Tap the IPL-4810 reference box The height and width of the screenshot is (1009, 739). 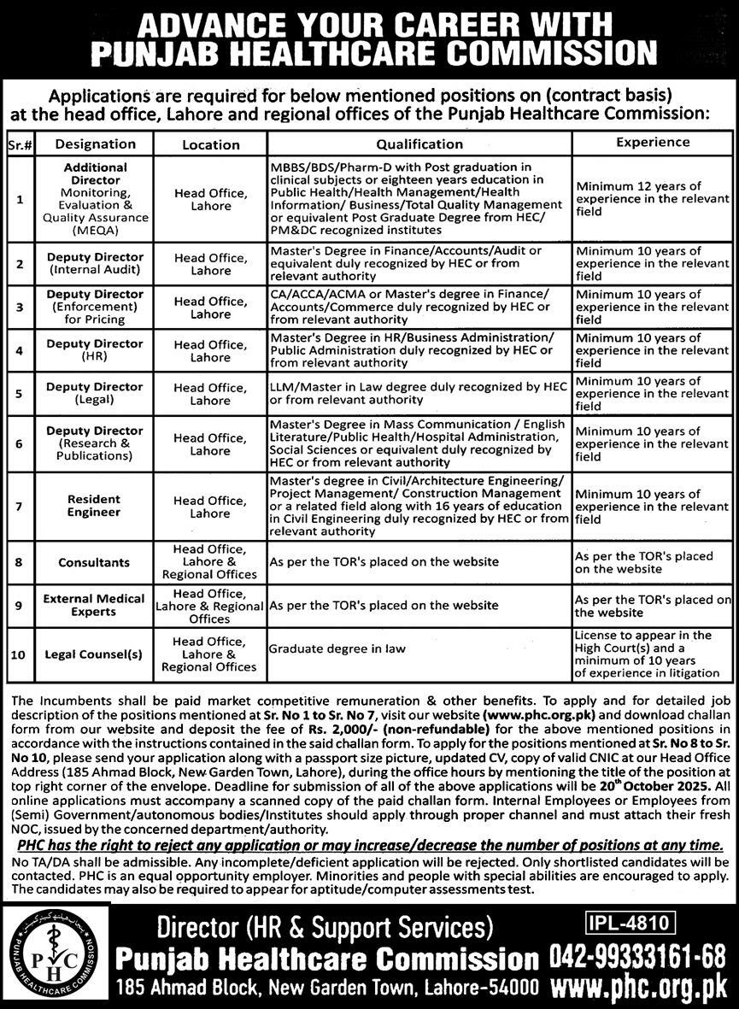631,922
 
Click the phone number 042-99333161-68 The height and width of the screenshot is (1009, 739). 637,955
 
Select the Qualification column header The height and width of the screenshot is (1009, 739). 419,144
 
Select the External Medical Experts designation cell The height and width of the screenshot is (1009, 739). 94,605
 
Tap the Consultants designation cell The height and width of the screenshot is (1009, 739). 94,563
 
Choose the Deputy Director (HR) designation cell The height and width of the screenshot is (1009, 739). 94,350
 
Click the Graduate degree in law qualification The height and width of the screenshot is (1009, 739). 337,648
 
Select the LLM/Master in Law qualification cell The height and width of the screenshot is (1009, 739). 418,393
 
